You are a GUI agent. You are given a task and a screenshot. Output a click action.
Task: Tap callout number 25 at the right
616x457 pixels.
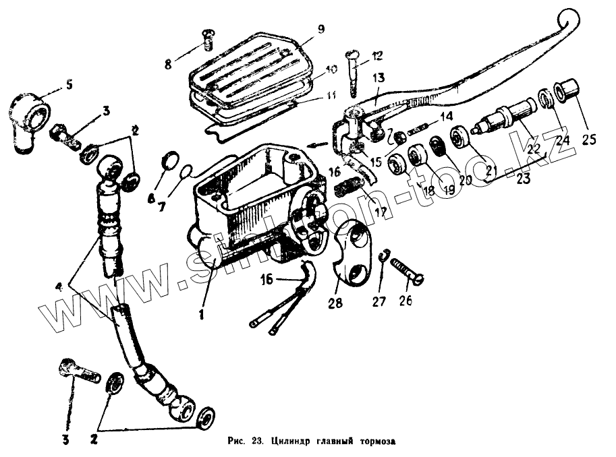(588, 140)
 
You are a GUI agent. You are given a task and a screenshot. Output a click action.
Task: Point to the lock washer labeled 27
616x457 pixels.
(383, 260)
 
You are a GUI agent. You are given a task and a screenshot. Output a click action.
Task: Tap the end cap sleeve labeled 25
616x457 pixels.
(564, 92)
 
